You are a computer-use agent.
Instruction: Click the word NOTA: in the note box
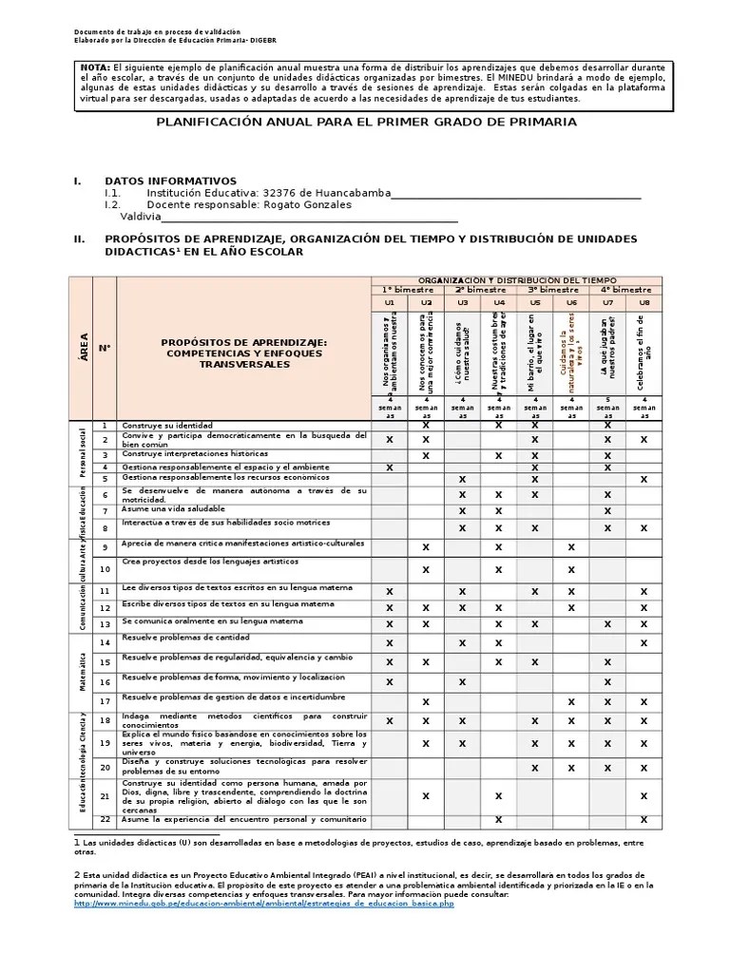(96, 68)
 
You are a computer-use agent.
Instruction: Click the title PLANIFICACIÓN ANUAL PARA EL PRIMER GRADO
(366, 123)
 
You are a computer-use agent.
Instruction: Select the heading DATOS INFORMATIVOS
(170, 181)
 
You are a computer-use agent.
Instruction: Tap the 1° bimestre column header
(407, 289)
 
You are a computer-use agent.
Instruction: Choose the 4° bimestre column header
(625, 289)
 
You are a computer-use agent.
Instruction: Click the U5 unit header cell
(534, 302)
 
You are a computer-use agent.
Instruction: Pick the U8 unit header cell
(644, 302)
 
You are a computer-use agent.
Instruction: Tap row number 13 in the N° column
(105, 624)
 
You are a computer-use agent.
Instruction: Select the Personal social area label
(83, 453)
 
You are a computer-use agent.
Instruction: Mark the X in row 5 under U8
(644, 480)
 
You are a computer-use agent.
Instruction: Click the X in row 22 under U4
(498, 819)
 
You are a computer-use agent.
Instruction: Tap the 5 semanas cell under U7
(607, 407)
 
